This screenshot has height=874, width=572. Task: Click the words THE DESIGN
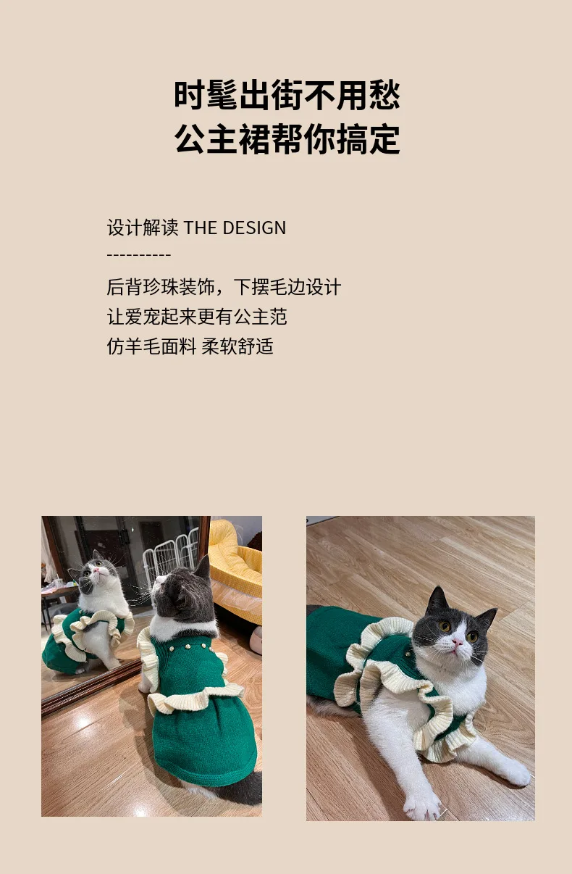coord(235,228)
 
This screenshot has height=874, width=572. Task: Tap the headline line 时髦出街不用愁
coord(287,95)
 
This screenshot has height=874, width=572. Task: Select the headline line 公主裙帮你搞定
coord(287,139)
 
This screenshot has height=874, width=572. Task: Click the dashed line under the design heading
coord(139,255)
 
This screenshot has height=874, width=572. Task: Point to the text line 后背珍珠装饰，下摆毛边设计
coord(224,287)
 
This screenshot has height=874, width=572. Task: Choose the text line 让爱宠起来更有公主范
coord(197,317)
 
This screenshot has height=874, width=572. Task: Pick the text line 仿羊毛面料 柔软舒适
coord(190,346)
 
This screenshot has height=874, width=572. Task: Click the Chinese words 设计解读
coord(143,228)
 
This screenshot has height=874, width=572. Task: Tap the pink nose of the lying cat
coord(457,641)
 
